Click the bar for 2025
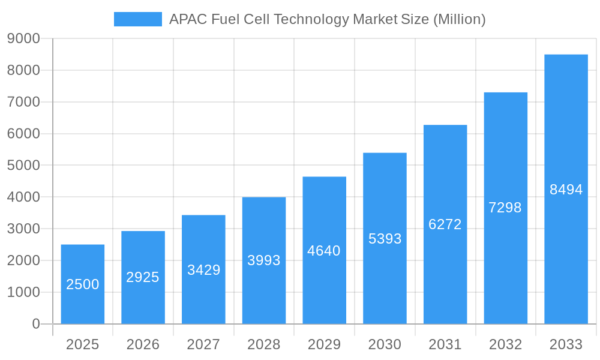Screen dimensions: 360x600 point(83,284)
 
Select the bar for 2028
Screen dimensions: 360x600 point(264,260)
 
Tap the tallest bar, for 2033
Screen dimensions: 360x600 point(566,189)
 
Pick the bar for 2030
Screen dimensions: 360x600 point(385,238)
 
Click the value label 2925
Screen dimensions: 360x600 point(143,277)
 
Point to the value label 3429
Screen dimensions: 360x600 point(203,270)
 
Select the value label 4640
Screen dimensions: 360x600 point(324,251)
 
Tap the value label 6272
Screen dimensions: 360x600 point(445,224)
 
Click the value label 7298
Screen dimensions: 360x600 point(505,208)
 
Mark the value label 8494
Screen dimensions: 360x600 point(566,190)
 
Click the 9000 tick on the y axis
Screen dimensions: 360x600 point(23,39)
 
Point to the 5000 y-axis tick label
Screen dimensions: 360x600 point(23,166)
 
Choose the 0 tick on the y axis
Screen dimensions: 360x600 point(36,324)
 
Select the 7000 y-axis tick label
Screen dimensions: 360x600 point(23,102)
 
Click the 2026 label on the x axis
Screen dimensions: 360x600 point(143,344)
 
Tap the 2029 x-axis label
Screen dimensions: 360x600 point(324,344)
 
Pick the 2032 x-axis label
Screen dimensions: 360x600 point(505,344)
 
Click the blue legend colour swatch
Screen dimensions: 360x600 point(138,19)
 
